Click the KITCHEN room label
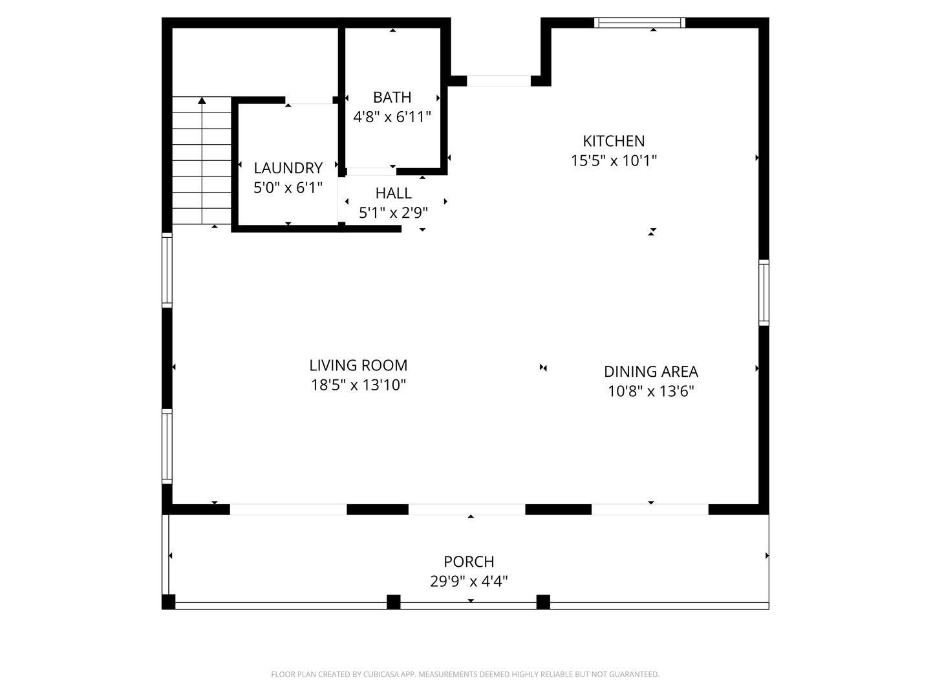[614, 141]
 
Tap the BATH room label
[392, 98]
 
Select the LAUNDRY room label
[288, 168]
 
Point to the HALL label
[393, 193]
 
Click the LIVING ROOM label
[358, 365]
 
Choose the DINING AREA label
[650, 372]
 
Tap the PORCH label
[469, 562]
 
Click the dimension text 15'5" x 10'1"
[614, 161]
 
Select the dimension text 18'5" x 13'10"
[358, 385]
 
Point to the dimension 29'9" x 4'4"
[469, 582]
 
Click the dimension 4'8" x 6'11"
[392, 117]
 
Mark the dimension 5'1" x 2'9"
[393, 213]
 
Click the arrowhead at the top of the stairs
[202, 100]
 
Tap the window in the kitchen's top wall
[639, 23]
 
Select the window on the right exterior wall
[764, 292]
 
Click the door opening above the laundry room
[309, 100]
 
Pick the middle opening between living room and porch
[467, 509]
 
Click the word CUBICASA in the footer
[381, 674]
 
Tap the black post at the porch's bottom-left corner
[168, 602]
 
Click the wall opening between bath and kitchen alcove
[498, 81]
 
